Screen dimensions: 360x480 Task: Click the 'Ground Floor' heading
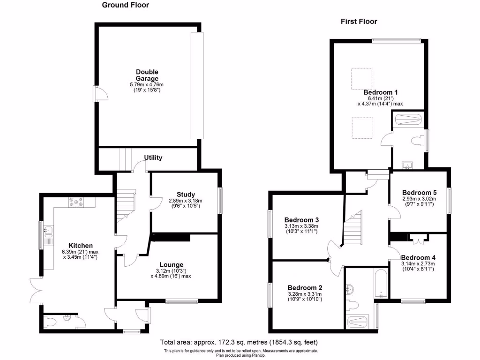pyautogui.click(x=126, y=5)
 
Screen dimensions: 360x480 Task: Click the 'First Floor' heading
pyautogui.click(x=359, y=21)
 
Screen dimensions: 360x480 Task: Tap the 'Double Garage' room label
pyautogui.click(x=147, y=75)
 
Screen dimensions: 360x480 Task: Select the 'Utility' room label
pyautogui.click(x=153, y=157)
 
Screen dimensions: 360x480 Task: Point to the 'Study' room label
pyautogui.click(x=186, y=195)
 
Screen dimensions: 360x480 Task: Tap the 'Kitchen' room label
pyautogui.click(x=81, y=245)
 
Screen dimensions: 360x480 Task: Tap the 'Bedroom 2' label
pyautogui.click(x=305, y=287)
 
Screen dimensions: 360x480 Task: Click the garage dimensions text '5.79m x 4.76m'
pyautogui.click(x=147, y=84)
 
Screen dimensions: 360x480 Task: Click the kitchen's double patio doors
pyautogui.click(x=36, y=291)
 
